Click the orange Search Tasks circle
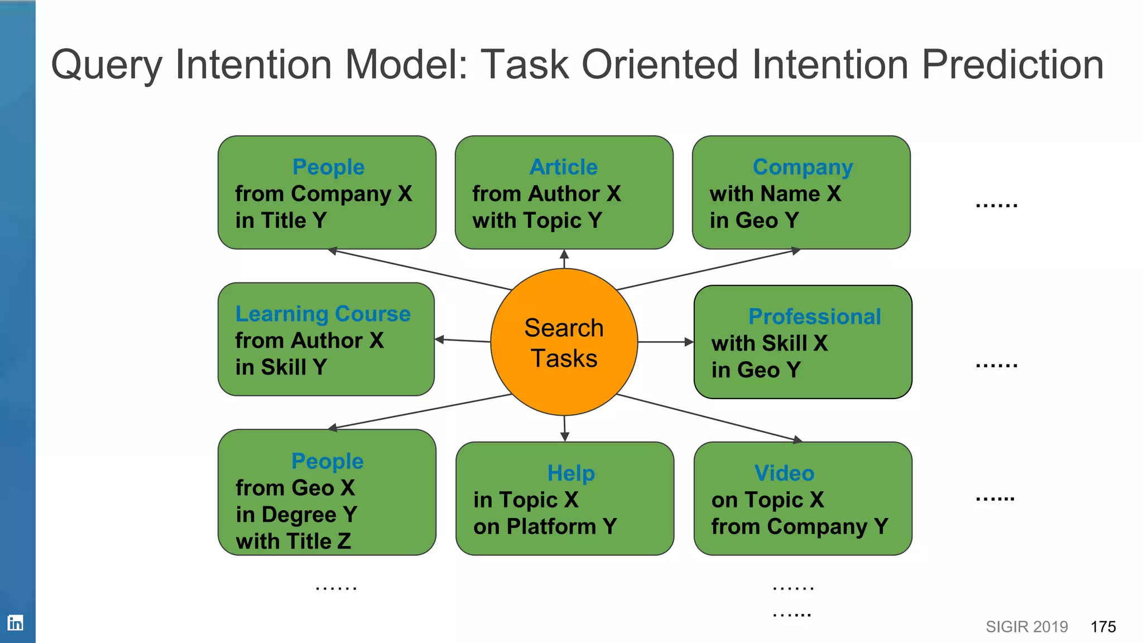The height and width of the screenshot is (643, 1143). click(564, 342)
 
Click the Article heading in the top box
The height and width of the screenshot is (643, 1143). click(564, 167)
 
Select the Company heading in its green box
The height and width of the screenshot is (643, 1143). click(802, 167)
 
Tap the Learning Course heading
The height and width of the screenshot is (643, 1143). click(323, 314)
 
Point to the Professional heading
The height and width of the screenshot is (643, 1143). click(814, 316)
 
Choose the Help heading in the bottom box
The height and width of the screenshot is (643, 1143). click(570, 473)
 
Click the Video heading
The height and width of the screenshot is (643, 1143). click(784, 473)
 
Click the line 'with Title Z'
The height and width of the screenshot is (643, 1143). click(293, 541)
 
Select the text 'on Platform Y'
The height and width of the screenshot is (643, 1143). click(545, 526)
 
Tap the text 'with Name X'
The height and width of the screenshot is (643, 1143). click(775, 194)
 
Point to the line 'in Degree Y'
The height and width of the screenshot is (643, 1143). click(296, 514)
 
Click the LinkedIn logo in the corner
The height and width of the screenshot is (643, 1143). click(15, 622)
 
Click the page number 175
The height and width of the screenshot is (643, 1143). click(1103, 627)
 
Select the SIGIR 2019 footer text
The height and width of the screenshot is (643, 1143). click(1026, 627)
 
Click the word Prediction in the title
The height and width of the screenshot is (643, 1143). click(1012, 65)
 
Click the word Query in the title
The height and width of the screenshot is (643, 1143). click(106, 65)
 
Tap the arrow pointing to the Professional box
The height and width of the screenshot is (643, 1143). click(667, 342)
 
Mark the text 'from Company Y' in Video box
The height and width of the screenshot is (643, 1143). click(799, 526)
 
